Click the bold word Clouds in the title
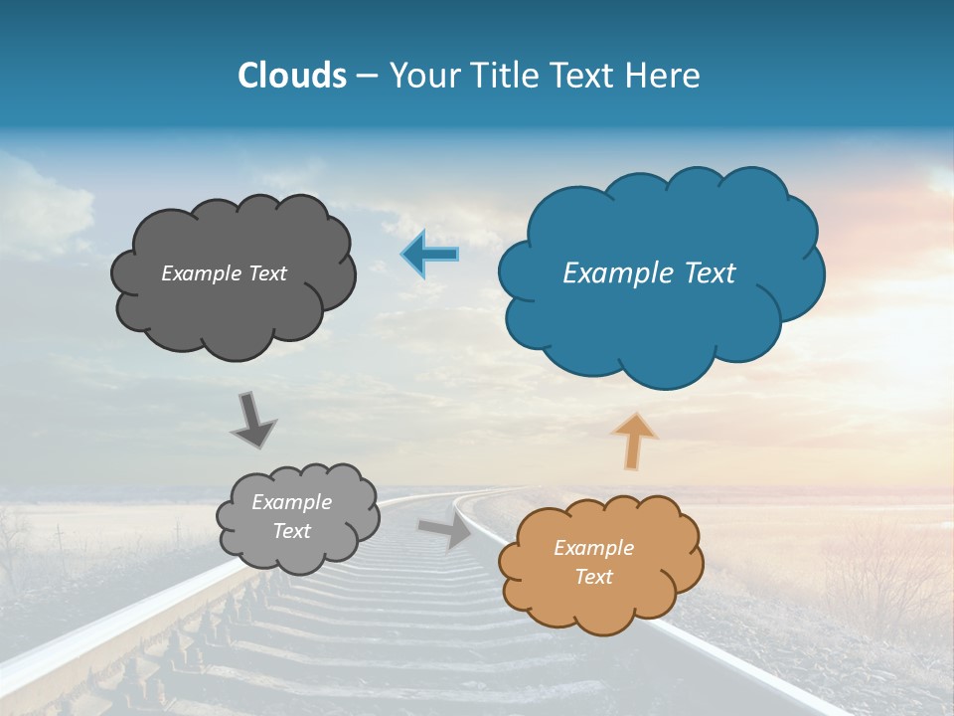292,76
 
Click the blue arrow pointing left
429,255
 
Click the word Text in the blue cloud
711,273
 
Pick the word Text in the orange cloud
594,577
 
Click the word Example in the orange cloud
594,548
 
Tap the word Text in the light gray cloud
292,531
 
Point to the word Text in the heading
581,76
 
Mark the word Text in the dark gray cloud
267,273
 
